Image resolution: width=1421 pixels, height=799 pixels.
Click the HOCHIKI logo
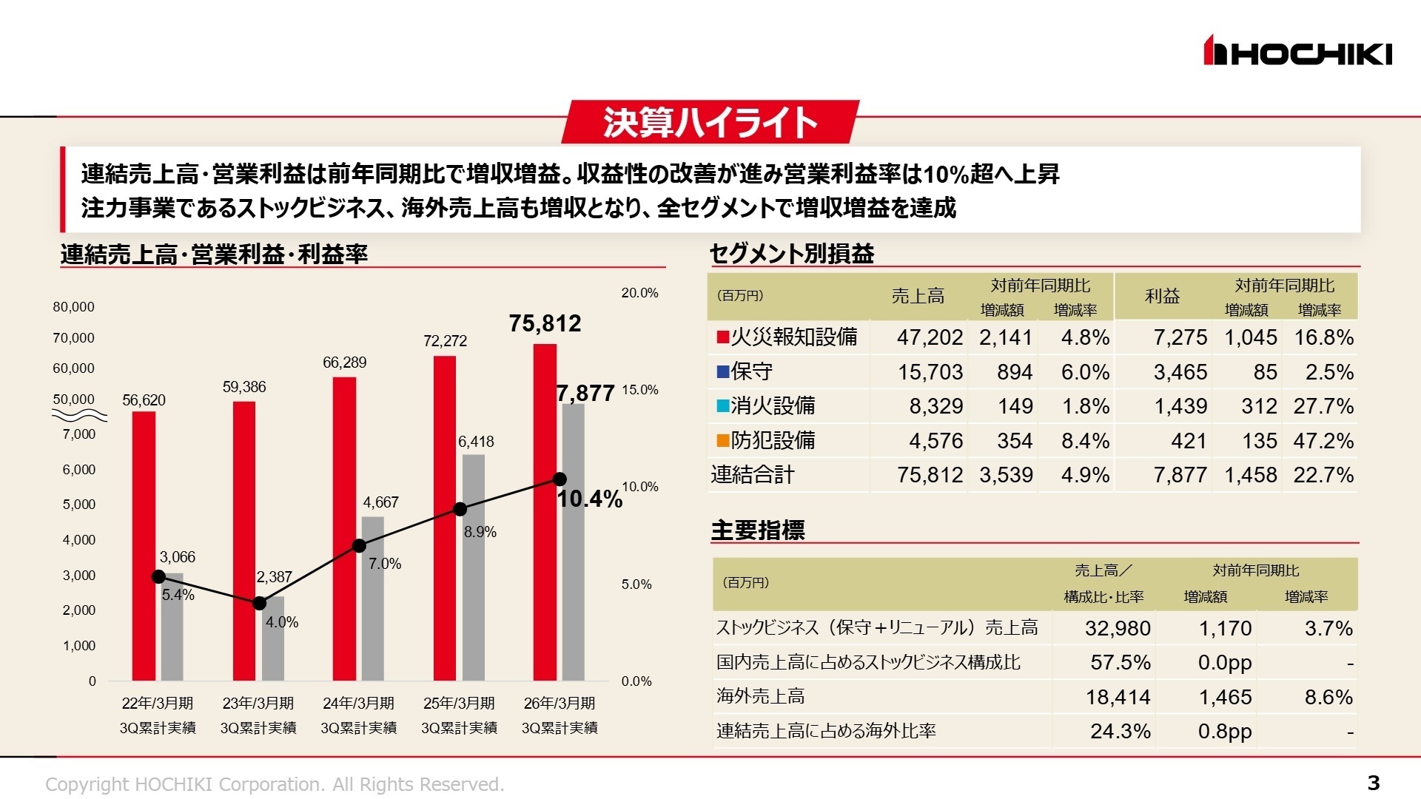pos(1297,51)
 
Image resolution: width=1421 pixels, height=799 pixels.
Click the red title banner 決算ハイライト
pos(710,122)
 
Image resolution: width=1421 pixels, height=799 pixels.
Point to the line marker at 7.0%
pos(359,546)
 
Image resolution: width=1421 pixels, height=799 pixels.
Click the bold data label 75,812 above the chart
pos(545,323)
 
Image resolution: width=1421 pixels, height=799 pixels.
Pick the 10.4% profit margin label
pos(589,499)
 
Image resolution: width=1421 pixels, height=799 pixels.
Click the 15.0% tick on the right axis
pos(639,390)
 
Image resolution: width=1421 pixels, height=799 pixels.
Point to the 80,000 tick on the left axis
pos(73,307)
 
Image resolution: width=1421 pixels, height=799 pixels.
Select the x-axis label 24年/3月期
pos(358,703)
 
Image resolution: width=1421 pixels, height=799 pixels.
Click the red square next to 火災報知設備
pos(722,337)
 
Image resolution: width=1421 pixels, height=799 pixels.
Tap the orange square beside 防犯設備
pos(722,441)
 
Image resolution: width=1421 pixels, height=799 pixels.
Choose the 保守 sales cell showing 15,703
pos(930,372)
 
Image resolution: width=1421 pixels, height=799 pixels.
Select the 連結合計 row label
pos(752,475)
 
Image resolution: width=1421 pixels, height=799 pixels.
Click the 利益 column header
pos(1162,296)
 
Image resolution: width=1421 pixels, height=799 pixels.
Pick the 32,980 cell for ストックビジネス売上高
pos(1117,628)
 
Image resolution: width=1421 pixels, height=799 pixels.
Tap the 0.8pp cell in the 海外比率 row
pos(1224,731)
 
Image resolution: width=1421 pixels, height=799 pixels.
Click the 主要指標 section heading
pos(757,530)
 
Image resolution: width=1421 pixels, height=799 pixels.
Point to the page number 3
pos(1373,783)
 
